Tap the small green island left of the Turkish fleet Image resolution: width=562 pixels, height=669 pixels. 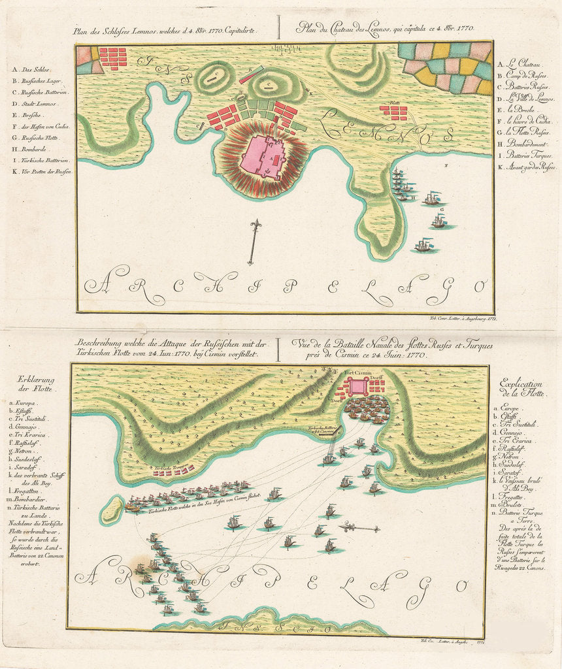click(x=112, y=510)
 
